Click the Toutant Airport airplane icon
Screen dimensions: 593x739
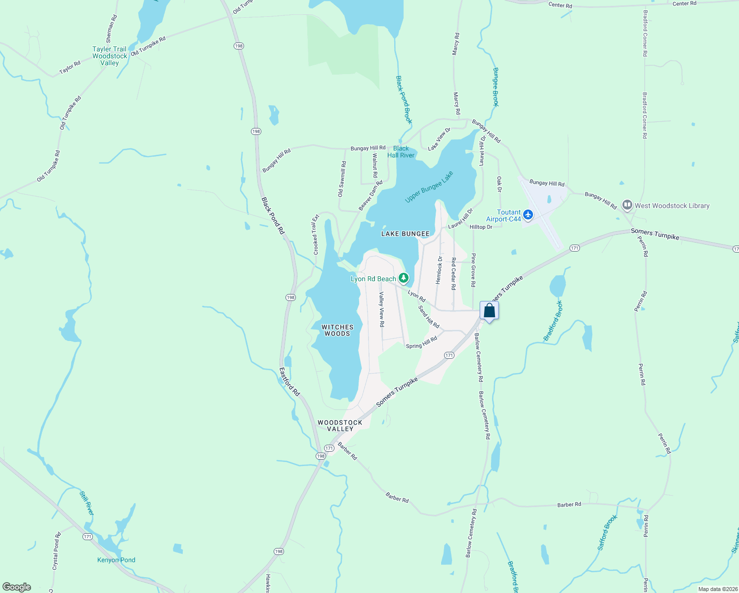[529, 214]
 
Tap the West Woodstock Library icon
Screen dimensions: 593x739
[627, 205]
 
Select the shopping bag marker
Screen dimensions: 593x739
[489, 311]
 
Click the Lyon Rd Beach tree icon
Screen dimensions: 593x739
[404, 278]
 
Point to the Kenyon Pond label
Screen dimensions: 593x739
[116, 560]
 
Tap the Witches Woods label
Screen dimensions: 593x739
[337, 330]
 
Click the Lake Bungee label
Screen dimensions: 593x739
[405, 234]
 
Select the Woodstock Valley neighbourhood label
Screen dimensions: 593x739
[340, 425]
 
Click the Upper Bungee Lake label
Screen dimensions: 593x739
[429, 187]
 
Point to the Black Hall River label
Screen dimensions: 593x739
[401, 152]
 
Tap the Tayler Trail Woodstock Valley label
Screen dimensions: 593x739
[110, 56]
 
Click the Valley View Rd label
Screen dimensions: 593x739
[381, 309]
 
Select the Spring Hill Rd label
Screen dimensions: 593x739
[421, 342]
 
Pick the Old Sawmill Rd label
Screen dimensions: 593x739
[342, 179]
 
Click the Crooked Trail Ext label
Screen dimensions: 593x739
[316, 235]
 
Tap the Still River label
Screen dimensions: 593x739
[86, 503]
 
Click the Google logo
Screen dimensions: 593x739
[17, 587]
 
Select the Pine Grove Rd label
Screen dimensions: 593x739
[473, 270]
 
